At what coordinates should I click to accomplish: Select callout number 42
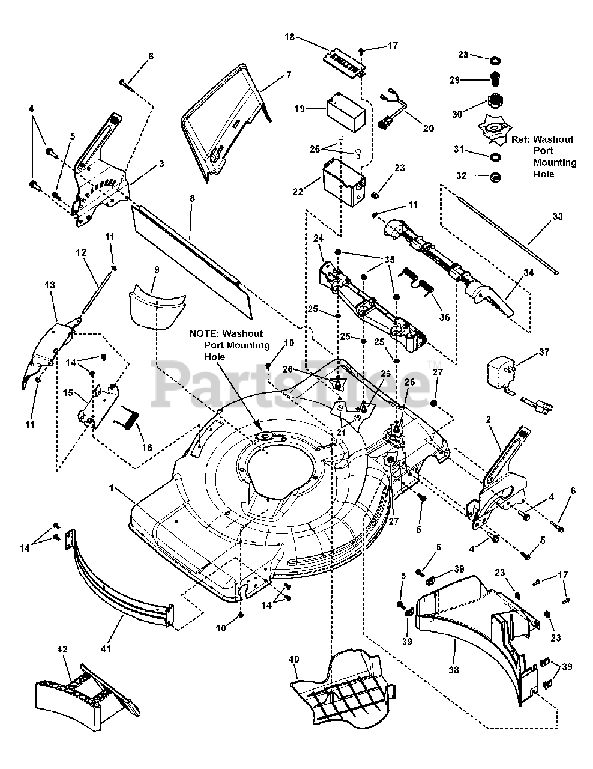(62, 649)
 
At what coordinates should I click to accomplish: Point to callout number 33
(558, 216)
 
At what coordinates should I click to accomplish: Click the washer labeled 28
(496, 61)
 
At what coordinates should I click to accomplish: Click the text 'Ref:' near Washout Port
(520, 139)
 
